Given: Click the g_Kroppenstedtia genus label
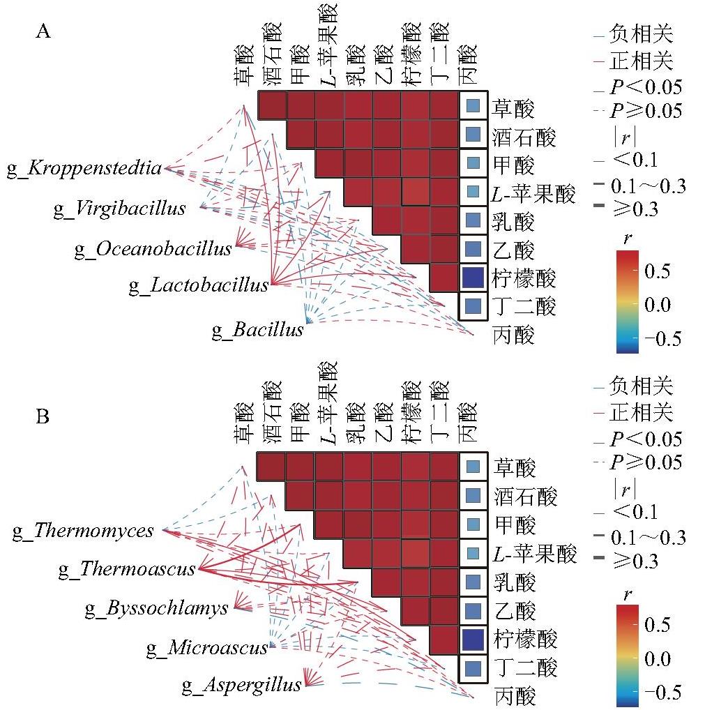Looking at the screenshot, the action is pyautogui.click(x=84, y=169).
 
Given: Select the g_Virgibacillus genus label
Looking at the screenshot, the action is pyautogui.click(x=119, y=209).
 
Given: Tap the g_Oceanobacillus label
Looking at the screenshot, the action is pyautogui.click(x=153, y=249).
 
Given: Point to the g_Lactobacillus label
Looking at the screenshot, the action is pyautogui.click(x=199, y=285).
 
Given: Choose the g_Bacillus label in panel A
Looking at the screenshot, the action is pyautogui.click(x=257, y=330).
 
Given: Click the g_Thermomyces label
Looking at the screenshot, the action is pyautogui.click(x=83, y=531).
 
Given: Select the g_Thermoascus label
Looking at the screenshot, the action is pyautogui.click(x=127, y=568).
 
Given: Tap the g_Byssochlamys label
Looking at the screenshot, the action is pyautogui.click(x=157, y=608).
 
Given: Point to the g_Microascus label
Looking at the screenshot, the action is pyautogui.click(x=207, y=647).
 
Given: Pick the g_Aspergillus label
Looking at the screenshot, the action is pyautogui.click(x=242, y=685).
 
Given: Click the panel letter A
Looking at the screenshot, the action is pyautogui.click(x=43, y=31).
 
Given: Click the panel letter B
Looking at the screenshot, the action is pyautogui.click(x=43, y=416).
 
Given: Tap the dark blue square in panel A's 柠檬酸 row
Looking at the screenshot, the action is pyautogui.click(x=473, y=278).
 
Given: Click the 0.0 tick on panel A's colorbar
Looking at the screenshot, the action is pyautogui.click(x=657, y=305).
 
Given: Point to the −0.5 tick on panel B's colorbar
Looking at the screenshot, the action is pyautogui.click(x=662, y=693).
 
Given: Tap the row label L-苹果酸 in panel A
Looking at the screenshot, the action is pyautogui.click(x=533, y=194).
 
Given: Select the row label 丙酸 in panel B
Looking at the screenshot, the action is pyautogui.click(x=515, y=695).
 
